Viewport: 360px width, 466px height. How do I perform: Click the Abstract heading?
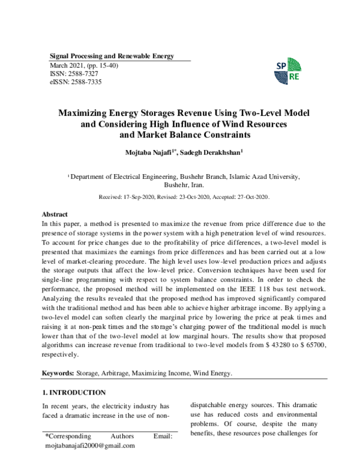[x=54, y=214]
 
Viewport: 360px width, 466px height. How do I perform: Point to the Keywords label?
[x=58, y=374]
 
